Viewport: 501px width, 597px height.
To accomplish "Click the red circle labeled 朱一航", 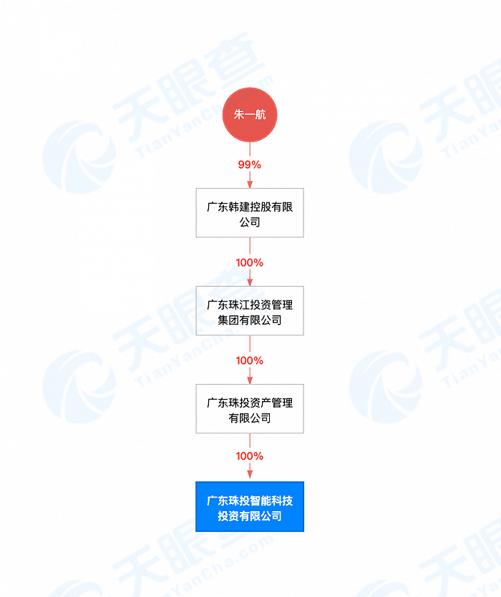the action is point(250,114).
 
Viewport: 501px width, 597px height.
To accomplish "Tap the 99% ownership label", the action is point(250,164).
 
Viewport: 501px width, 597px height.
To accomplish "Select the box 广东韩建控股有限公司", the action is point(250,213).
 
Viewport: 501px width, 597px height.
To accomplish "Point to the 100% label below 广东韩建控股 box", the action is point(250,262).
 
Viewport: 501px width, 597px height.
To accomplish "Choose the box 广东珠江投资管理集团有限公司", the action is point(250,311).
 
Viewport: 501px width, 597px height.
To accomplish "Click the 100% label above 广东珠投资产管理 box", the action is point(250,360).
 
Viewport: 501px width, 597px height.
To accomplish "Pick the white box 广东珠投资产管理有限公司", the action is point(250,409).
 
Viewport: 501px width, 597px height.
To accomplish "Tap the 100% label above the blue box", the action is point(250,456).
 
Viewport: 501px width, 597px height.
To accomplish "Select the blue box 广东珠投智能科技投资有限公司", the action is point(250,507).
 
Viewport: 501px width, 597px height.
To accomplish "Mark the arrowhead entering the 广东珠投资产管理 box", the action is point(250,380).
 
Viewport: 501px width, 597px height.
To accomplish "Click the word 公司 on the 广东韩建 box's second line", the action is point(250,222).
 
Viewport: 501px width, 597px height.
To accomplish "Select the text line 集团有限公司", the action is point(250,320).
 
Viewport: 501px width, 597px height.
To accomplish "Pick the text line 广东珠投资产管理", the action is point(250,403).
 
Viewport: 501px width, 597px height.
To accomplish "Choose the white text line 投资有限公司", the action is point(250,516).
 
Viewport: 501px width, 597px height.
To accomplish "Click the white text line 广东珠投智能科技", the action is point(250,500).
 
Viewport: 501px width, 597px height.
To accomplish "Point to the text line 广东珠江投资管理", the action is point(250,305).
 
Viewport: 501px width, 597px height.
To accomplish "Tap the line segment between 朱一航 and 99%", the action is point(250,149).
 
